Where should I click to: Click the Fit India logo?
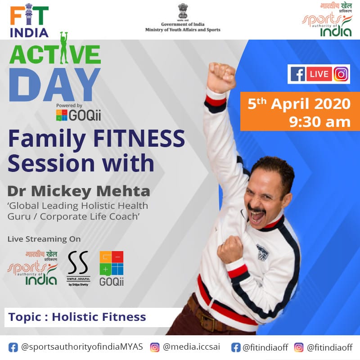(29, 20)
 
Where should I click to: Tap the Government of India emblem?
(183, 11)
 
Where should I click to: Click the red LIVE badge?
(319, 74)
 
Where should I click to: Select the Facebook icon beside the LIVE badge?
(298, 74)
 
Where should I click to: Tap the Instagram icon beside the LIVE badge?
(341, 74)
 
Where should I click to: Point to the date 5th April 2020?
(299, 104)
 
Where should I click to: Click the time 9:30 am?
(319, 121)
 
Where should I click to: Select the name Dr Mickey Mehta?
(79, 191)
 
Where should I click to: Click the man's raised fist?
(221, 77)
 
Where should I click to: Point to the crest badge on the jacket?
(262, 252)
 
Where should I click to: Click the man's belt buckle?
(207, 319)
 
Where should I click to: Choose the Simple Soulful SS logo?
(78, 268)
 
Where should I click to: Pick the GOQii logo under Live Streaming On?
(112, 268)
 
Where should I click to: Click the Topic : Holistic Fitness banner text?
(77, 317)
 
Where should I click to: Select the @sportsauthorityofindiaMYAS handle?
(82, 347)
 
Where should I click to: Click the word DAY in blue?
(54, 85)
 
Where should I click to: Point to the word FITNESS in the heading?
(139, 138)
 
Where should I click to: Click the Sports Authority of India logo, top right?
(327, 20)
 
